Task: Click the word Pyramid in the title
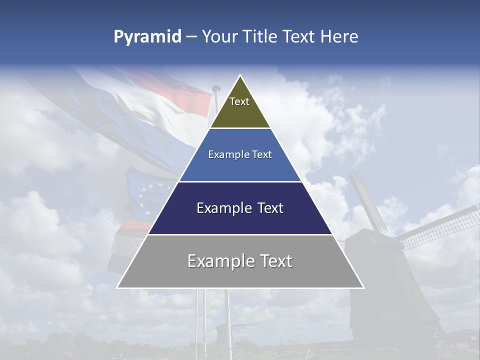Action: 147,37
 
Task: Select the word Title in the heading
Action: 261,37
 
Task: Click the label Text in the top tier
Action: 239,101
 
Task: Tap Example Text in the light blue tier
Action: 240,154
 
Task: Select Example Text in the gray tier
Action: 240,261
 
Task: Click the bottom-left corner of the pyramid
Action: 117,288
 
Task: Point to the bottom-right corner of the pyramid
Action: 363,288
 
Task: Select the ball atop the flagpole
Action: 216,89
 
